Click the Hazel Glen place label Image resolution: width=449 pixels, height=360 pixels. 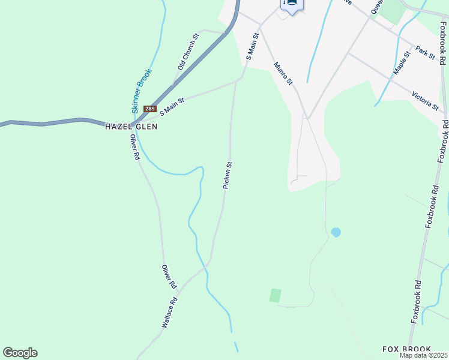131,127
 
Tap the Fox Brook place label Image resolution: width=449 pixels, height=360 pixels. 407,349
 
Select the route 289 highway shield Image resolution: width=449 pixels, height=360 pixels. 150,109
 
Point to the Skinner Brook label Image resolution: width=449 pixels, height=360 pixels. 142,91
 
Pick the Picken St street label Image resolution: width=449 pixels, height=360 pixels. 228,175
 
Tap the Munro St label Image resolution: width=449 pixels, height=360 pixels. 283,73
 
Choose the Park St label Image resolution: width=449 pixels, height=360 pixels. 425,52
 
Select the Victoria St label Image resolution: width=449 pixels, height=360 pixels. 426,100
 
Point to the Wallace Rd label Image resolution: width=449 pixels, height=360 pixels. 170,312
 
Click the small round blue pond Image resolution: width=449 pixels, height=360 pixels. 336,232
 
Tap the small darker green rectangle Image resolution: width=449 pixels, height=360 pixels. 275,295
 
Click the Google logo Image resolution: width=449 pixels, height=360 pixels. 20,353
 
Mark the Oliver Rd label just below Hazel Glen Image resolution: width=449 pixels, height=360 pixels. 136,146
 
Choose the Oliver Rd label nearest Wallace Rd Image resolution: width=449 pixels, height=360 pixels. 169,275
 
